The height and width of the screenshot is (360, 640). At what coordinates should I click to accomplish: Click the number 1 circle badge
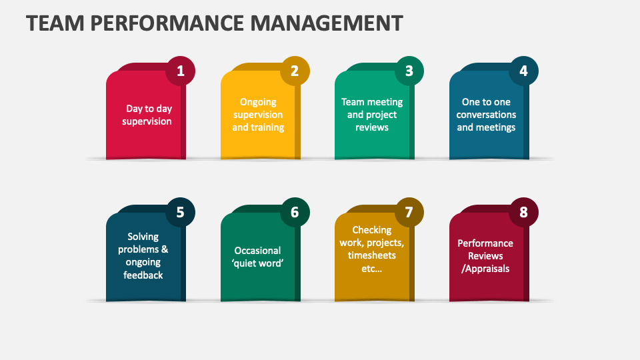(181, 71)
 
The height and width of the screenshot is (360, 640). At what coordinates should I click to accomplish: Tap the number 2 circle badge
(295, 71)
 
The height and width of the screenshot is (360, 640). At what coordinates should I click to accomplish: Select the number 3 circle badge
(409, 71)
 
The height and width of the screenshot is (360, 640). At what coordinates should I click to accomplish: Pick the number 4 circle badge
(523, 71)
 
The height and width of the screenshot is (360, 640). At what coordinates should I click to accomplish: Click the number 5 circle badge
(181, 213)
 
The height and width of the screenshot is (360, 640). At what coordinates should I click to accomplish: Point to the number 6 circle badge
(295, 213)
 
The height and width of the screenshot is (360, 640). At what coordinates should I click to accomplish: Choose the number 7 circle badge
(409, 213)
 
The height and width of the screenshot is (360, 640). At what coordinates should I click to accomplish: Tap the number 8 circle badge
(523, 213)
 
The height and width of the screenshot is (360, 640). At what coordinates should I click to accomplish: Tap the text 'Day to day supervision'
(149, 115)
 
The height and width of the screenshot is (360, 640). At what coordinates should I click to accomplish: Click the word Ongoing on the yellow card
(258, 102)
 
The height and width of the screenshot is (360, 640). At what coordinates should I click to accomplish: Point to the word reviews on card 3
(372, 127)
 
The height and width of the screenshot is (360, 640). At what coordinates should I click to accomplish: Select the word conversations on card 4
(486, 115)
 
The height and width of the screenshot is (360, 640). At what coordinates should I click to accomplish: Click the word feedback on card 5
(143, 275)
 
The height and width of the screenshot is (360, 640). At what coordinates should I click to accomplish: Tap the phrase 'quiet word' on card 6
(258, 263)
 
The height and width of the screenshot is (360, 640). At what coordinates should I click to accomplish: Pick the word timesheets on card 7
(372, 255)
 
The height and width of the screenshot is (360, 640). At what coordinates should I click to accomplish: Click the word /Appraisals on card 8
(485, 269)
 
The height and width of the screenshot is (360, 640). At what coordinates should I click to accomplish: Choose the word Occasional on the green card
(258, 251)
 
